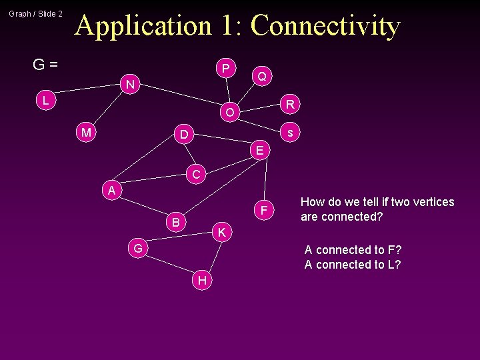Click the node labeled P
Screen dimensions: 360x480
click(x=226, y=69)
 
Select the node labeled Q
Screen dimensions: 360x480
click(x=262, y=77)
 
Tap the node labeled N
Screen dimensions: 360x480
click(x=131, y=85)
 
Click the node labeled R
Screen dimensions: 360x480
click(x=290, y=104)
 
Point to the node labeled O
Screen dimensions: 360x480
click(x=229, y=113)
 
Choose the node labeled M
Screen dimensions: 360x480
click(x=86, y=133)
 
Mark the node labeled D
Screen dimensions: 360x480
click(x=183, y=135)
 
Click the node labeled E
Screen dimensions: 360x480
click(x=260, y=151)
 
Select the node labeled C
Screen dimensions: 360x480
click(x=195, y=175)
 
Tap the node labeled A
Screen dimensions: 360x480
click(x=113, y=191)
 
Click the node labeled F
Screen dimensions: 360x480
click(x=264, y=211)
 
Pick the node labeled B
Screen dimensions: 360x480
click(x=175, y=222)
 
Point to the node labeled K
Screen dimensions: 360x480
click(x=222, y=233)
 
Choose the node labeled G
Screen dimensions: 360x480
click(x=137, y=249)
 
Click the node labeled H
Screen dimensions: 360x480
click(x=202, y=281)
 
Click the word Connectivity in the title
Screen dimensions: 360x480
click(x=325, y=25)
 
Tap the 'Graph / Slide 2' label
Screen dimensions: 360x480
click(x=36, y=13)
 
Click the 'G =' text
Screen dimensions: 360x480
click(x=45, y=65)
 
